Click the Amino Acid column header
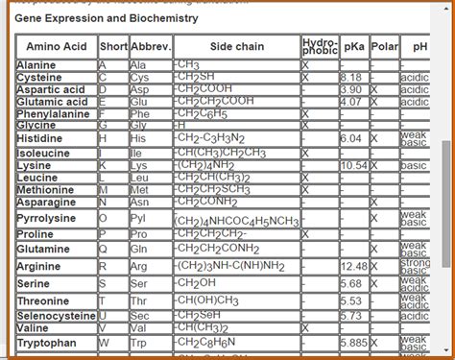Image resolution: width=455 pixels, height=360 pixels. [57, 47]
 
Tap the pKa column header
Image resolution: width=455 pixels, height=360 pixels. [354, 47]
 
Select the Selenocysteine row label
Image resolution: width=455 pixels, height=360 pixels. [57, 316]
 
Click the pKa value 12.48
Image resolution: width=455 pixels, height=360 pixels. [354, 266]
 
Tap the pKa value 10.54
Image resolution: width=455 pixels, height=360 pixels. [354, 166]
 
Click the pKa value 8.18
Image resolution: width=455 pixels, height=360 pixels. [351, 77]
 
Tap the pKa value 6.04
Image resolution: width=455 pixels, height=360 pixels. [351, 139]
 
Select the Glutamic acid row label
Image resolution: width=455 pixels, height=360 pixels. [53, 102]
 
